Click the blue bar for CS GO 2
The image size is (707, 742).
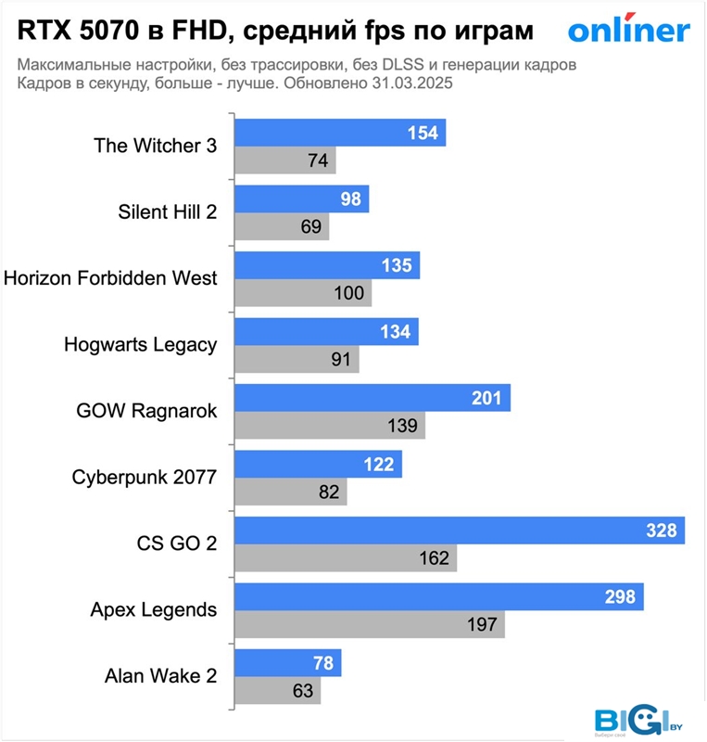tap(459, 531)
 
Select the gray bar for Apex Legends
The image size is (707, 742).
tap(369, 624)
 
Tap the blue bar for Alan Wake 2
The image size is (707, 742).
tap(287, 663)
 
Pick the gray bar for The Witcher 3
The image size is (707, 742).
tap(284, 160)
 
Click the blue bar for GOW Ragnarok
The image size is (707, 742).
tap(372, 398)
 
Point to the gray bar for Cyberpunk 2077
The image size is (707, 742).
tap(290, 492)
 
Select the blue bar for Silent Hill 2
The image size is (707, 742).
tap(301, 198)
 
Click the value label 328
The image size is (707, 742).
tap(663, 531)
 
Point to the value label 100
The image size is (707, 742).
tap(350, 293)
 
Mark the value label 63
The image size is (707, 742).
tap(302, 690)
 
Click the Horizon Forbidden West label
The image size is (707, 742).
tap(111, 277)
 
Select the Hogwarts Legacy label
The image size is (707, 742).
tap(140, 344)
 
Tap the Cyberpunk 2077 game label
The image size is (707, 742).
tap(144, 478)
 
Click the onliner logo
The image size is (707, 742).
tap(628, 31)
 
